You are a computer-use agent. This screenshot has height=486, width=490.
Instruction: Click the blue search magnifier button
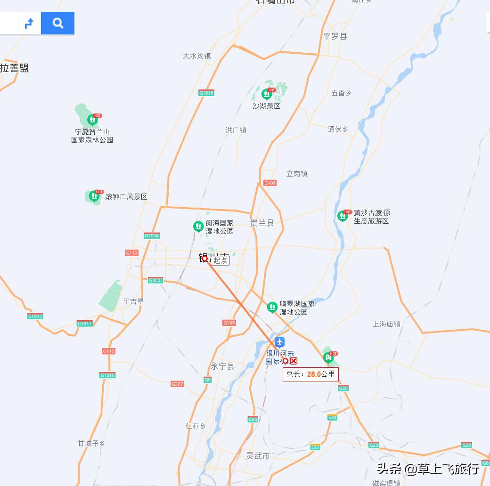57,23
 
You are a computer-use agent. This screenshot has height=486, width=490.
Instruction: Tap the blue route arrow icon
29,23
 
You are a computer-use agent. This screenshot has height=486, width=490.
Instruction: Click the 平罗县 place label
335,36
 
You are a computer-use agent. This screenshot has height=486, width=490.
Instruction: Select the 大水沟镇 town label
196,56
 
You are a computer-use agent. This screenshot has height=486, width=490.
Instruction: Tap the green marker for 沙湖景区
266,94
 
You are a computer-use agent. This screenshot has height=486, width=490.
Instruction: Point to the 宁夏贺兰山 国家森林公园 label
92,136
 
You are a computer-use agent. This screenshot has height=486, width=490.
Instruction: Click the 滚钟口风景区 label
126,196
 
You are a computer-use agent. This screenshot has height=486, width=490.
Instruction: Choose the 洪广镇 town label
236,130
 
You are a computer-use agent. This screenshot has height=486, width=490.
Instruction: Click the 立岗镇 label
297,173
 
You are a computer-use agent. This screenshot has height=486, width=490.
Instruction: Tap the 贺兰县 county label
262,223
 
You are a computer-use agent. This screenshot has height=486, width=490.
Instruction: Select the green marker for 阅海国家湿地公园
198,227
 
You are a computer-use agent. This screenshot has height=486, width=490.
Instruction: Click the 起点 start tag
220,260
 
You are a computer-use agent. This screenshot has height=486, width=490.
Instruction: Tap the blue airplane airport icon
280,342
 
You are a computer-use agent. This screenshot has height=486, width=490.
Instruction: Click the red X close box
294,361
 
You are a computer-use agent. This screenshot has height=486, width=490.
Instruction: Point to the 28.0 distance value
314,374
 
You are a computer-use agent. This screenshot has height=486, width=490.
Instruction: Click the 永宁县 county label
222,366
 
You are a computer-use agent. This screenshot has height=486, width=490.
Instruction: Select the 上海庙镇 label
386,324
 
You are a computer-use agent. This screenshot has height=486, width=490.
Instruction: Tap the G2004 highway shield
152,235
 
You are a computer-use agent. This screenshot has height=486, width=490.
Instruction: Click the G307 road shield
177,384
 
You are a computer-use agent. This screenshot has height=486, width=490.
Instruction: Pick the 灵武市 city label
258,455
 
